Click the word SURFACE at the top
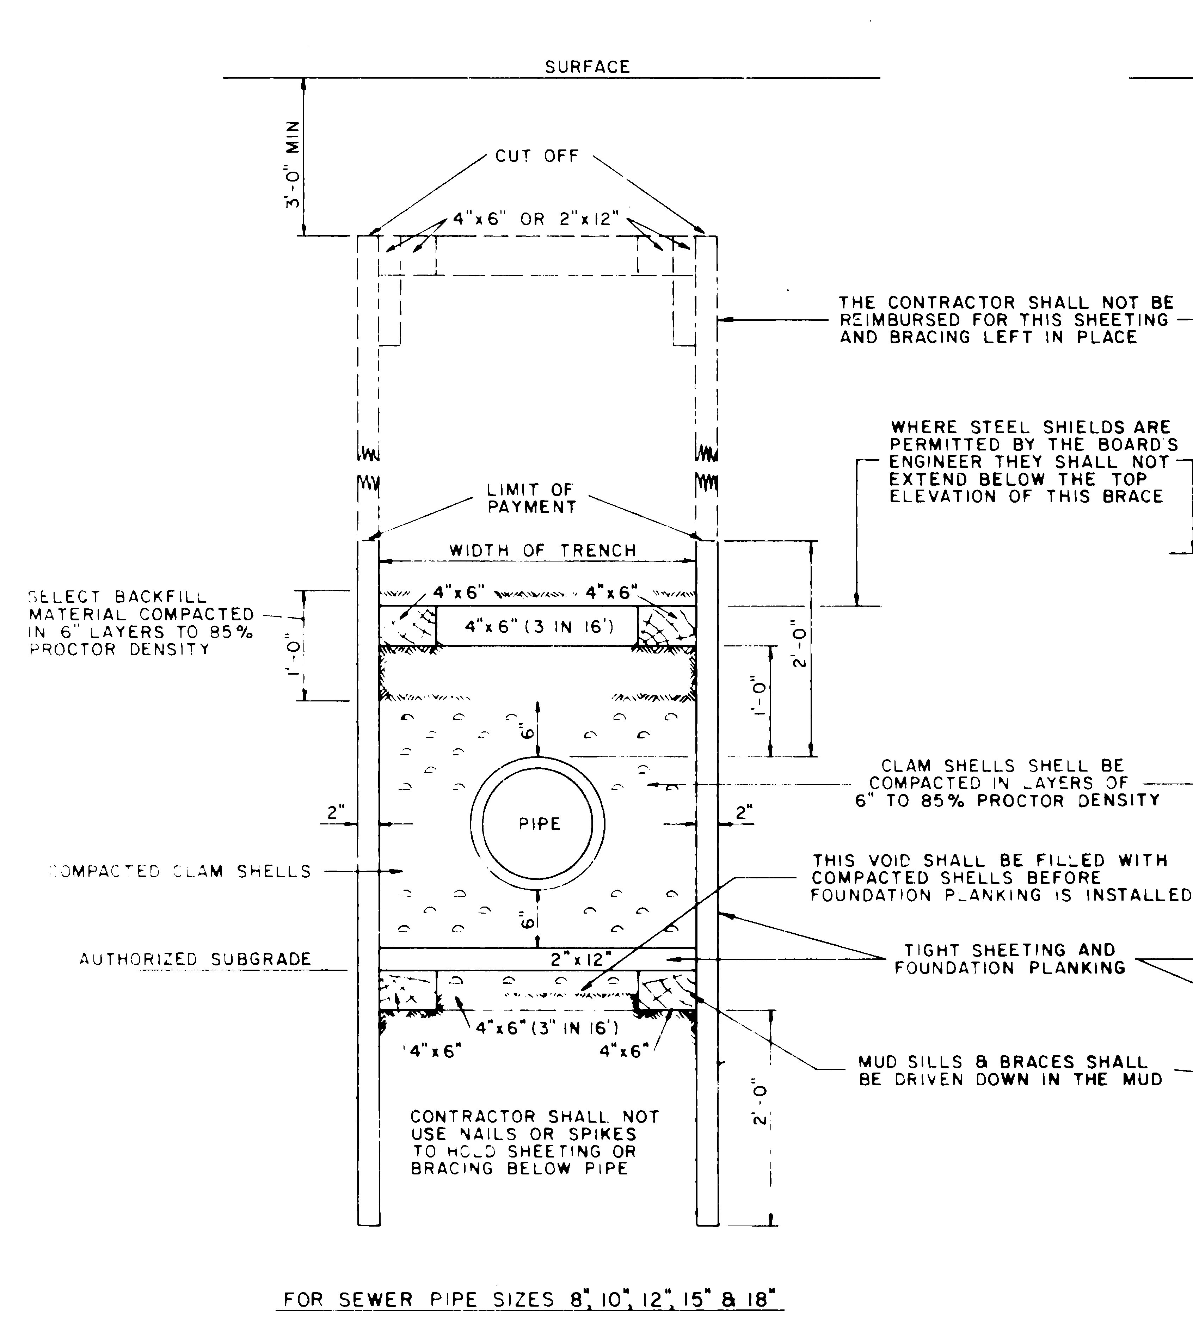pyautogui.click(x=587, y=67)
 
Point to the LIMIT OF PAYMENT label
pyautogui.click(x=531, y=498)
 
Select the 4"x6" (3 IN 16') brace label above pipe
pyautogui.click(x=539, y=627)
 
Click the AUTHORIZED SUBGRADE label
pyautogui.click(x=195, y=959)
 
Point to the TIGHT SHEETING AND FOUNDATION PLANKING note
pyautogui.click(x=1010, y=959)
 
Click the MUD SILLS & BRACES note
pyautogui.click(x=1010, y=1070)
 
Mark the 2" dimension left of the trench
pyautogui.click(x=336, y=812)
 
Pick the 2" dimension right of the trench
pyautogui.click(x=743, y=812)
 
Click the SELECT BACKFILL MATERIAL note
pyautogui.click(x=141, y=623)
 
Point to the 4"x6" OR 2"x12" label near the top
pyautogui.click(x=536, y=219)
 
